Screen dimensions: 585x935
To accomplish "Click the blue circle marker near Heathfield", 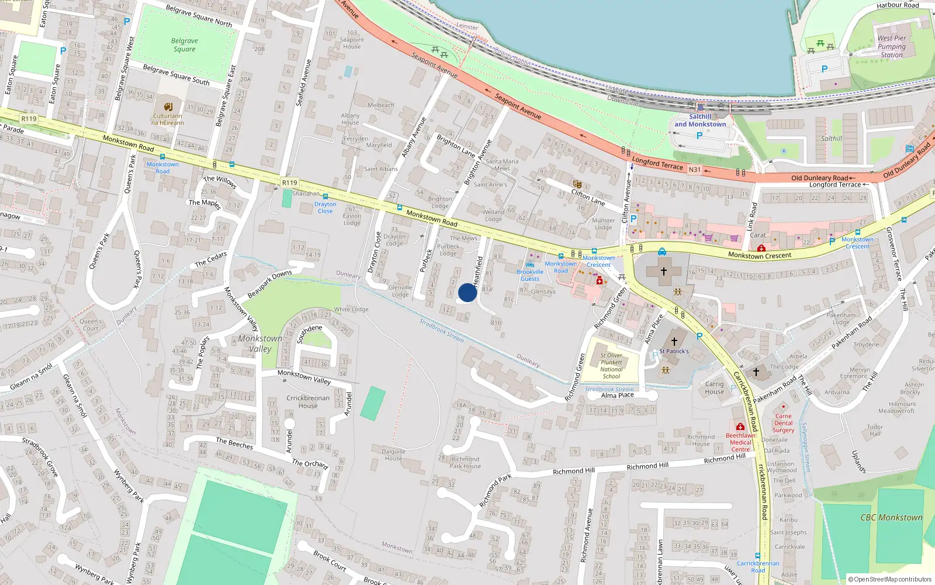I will coord(467,292).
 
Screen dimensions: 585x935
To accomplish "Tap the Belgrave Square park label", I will coord(185,45).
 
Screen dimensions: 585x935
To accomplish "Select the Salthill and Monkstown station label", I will coord(700,121).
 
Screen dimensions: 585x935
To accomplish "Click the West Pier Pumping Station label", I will coord(892,47).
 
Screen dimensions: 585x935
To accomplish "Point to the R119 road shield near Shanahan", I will coord(289,183).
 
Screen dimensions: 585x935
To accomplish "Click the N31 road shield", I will coord(694,170).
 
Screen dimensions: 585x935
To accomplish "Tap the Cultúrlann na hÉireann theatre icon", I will coord(168,106).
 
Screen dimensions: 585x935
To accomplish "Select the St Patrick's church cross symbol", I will coord(674,341).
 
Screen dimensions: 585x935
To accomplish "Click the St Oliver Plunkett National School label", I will coord(611,366).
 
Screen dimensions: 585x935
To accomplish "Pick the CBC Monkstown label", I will coord(891,518).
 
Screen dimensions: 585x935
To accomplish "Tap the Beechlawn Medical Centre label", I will coord(740,442).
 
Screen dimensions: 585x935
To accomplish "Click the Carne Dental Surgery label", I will coord(783,423).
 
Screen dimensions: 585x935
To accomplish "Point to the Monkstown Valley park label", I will coord(260,343).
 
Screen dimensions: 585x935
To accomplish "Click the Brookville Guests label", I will coord(530,275).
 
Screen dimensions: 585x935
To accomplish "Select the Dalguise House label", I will coord(393,455).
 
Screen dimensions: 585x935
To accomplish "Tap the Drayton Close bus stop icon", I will coord(325,197).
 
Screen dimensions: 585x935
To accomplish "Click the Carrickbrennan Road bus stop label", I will coord(758,566).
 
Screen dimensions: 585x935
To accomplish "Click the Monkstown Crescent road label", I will coord(760,255).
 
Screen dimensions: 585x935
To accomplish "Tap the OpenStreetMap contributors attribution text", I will coord(889,579).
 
